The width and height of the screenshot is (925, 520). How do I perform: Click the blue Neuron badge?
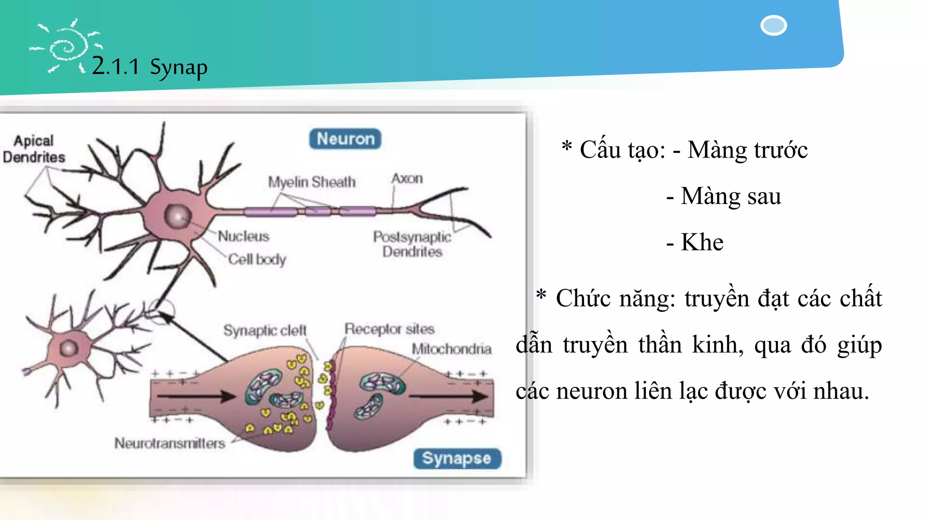coord(346,139)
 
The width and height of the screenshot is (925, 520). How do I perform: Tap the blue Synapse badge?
coord(457,459)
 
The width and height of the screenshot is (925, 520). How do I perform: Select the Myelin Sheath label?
coord(312,182)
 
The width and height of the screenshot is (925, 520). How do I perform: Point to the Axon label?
coord(407,179)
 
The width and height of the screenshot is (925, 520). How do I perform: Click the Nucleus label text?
coord(243,236)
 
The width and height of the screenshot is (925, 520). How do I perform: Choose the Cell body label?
coord(257,259)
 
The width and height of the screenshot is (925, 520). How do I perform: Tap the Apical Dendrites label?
coord(34,149)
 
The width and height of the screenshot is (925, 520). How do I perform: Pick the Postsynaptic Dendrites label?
coord(412,244)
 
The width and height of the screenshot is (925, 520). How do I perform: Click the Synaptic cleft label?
coord(265,330)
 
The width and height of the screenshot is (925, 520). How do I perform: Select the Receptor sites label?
coord(389,329)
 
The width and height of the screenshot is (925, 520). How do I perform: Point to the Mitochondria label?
coord(452,349)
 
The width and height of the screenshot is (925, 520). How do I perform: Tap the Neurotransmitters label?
coord(170,443)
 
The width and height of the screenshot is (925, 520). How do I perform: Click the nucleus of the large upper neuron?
coord(177,215)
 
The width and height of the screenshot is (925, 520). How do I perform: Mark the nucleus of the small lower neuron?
coord(69,348)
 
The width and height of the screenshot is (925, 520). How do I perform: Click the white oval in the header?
coord(774,25)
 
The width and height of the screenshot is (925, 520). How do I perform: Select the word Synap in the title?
coord(178,68)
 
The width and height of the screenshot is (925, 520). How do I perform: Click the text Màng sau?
coord(730,196)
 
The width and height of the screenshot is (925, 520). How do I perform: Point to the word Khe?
coord(702,242)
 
